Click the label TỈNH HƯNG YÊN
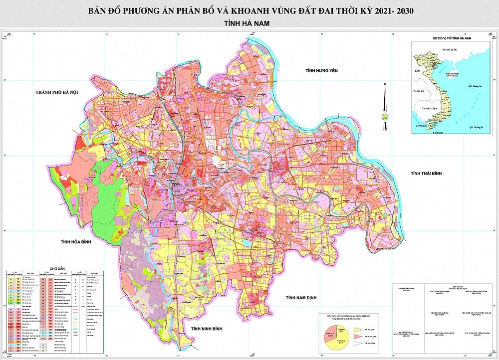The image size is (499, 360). pyautogui.click(x=322, y=71)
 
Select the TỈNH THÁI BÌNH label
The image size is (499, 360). pyautogui.click(x=427, y=173)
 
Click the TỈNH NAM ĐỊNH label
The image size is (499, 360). pyautogui.click(x=301, y=298)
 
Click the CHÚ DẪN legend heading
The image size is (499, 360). pyautogui.click(x=58, y=268)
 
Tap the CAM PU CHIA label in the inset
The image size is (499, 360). pyautogui.click(x=429, y=108)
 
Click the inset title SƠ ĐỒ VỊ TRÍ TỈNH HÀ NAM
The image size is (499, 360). pyautogui.click(x=452, y=37)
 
